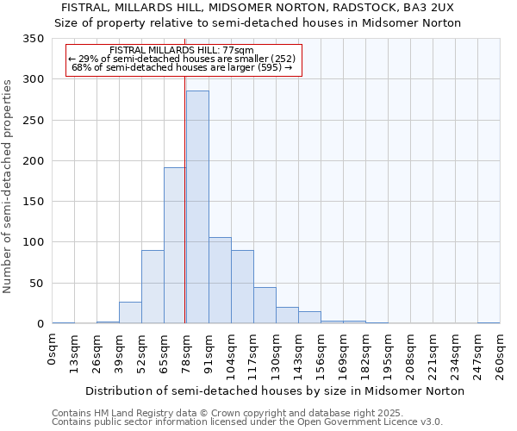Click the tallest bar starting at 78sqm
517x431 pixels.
[x=197, y=207]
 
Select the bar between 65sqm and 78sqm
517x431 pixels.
[x=175, y=246]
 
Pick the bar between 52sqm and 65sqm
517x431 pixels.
[x=153, y=287]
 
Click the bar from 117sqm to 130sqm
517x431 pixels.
[x=265, y=305]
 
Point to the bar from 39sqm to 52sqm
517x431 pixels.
[x=130, y=313]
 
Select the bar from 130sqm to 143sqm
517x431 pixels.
[x=287, y=315]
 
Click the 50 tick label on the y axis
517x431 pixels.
[x=36, y=283]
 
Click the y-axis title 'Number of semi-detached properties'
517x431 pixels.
[x=9, y=185]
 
